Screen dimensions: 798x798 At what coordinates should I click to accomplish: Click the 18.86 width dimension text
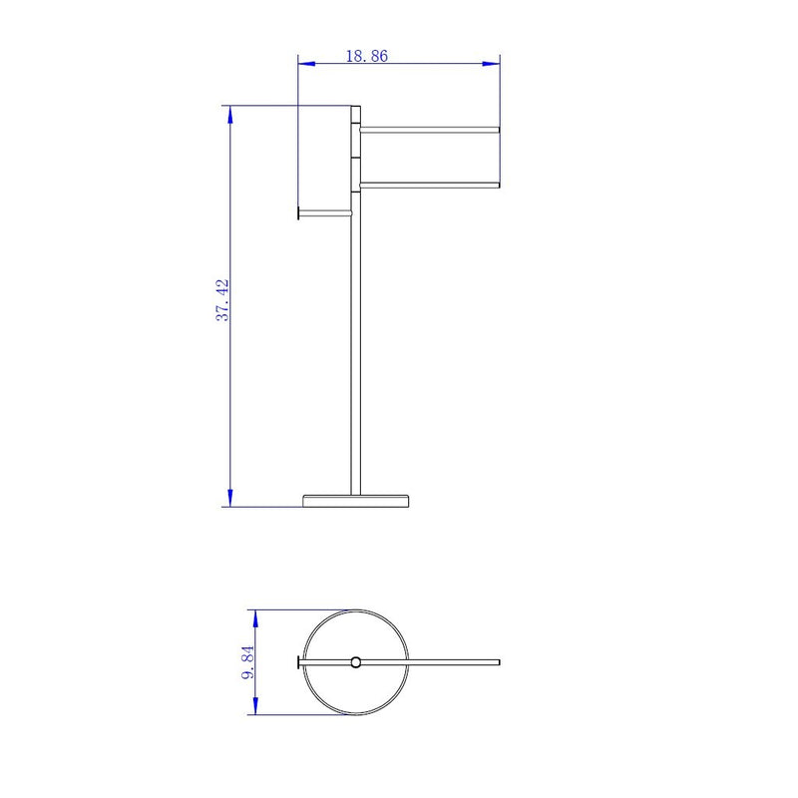pyautogui.click(x=366, y=56)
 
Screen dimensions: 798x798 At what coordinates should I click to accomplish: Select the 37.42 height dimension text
pyautogui.click(x=223, y=299)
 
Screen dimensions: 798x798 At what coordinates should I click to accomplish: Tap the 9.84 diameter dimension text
pyautogui.click(x=249, y=661)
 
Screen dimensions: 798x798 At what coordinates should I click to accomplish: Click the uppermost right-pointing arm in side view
pyautogui.click(x=429, y=129)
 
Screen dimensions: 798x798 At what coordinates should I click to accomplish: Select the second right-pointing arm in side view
pyautogui.click(x=429, y=184)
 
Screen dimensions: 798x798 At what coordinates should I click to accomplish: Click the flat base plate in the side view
pyautogui.click(x=356, y=499)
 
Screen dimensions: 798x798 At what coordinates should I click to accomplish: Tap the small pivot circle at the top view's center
pyautogui.click(x=356, y=661)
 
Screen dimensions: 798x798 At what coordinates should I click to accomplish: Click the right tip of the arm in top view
pyautogui.click(x=497, y=661)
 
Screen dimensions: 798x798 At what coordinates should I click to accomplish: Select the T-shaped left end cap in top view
pyautogui.click(x=298, y=661)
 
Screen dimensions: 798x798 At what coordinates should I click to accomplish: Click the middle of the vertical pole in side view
pyautogui.click(x=353, y=349)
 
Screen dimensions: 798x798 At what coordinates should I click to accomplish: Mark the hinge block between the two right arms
pyautogui.click(x=355, y=157)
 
